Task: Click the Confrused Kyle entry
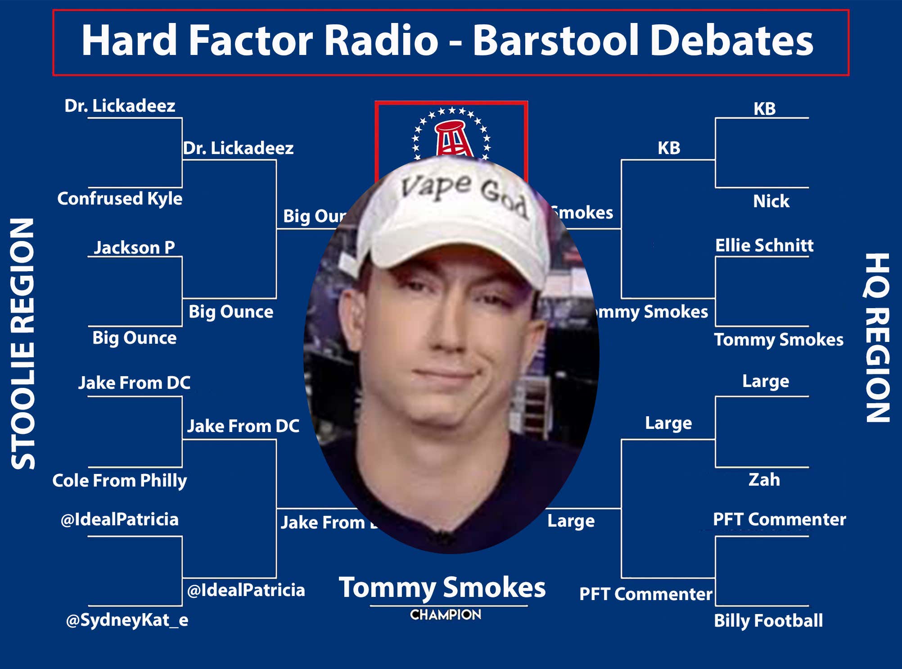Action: (120, 199)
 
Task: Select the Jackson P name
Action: (134, 247)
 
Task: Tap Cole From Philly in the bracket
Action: (119, 481)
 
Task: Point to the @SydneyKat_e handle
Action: (127, 620)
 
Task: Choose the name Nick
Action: (771, 201)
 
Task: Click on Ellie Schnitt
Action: (764, 246)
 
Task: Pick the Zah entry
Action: (764, 479)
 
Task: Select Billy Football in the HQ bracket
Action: (768, 621)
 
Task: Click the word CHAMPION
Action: (446, 615)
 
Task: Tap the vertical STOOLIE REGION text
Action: (23, 344)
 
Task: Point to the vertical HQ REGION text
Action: (877, 338)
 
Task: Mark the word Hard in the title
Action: (129, 41)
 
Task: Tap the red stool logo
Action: (452, 137)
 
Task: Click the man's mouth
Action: (446, 374)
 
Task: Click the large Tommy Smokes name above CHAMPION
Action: (442, 588)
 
